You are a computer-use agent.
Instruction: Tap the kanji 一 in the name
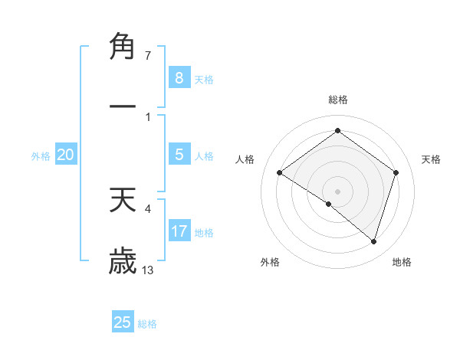pyautogui.click(x=123, y=107)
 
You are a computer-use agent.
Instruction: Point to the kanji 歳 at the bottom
pyautogui.click(x=123, y=260)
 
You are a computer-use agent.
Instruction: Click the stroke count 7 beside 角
pyautogui.click(x=147, y=56)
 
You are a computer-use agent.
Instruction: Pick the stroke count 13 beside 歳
pyautogui.click(x=148, y=270)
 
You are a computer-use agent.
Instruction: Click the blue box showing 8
pyautogui.click(x=179, y=77)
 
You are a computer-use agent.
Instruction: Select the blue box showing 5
pyautogui.click(x=179, y=155)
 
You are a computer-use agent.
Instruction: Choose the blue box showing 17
pyautogui.click(x=179, y=231)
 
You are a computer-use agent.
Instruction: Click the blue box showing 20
pyautogui.click(x=66, y=155)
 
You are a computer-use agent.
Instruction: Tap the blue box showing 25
pyautogui.click(x=123, y=322)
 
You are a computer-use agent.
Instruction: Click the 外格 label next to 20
pyautogui.click(x=41, y=156)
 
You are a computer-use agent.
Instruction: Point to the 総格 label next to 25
pyautogui.click(x=147, y=324)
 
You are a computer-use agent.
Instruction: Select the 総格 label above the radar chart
pyautogui.click(x=337, y=100)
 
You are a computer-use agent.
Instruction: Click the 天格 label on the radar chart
pyautogui.click(x=431, y=159)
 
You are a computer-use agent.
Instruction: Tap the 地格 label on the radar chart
pyautogui.click(x=402, y=262)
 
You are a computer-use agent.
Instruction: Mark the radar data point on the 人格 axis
pyautogui.click(x=279, y=173)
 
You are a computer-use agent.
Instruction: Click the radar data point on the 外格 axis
pyautogui.click(x=329, y=204)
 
